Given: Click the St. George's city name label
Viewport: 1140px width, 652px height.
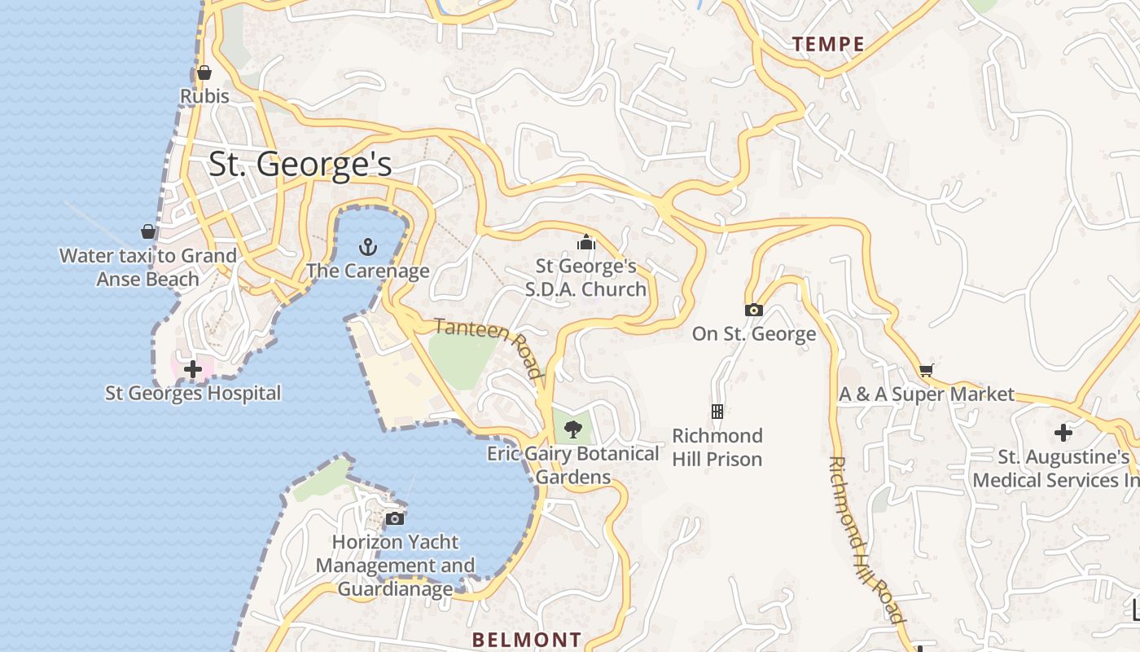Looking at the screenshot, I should [x=300, y=164].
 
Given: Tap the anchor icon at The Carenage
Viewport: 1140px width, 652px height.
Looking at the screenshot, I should [x=368, y=246].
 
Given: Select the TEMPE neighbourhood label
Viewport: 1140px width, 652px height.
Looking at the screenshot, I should [x=828, y=44].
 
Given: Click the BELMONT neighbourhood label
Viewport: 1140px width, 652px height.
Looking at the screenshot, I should [x=527, y=639].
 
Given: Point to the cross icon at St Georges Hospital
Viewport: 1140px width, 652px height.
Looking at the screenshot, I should [x=193, y=369].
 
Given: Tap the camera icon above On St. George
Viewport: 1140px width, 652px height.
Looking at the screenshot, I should [x=754, y=310].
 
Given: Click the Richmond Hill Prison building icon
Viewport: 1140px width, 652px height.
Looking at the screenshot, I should [x=717, y=412].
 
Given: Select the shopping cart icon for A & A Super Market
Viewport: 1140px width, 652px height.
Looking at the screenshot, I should [x=926, y=371].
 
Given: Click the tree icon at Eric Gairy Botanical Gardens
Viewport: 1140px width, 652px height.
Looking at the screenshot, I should [x=573, y=429].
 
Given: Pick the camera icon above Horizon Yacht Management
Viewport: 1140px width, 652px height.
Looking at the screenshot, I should [x=395, y=518].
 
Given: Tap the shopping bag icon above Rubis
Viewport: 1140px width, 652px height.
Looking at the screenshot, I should [x=204, y=73].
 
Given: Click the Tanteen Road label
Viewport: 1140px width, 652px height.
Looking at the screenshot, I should [x=489, y=347].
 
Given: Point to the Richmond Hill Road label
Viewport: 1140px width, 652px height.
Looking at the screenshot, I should [x=866, y=540].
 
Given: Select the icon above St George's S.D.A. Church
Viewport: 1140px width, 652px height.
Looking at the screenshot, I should [x=585, y=242].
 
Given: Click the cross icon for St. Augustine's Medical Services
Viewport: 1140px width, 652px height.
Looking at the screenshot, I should [x=1063, y=433].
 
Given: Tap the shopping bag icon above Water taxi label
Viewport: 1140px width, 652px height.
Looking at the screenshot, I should [x=148, y=231].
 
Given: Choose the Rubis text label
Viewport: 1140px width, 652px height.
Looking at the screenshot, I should [x=204, y=96].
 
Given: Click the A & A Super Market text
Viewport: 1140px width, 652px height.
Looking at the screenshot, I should [x=927, y=394].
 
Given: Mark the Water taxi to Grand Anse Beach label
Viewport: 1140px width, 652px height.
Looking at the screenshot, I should [x=148, y=267].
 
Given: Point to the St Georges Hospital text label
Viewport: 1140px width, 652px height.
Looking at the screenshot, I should [x=193, y=393].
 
